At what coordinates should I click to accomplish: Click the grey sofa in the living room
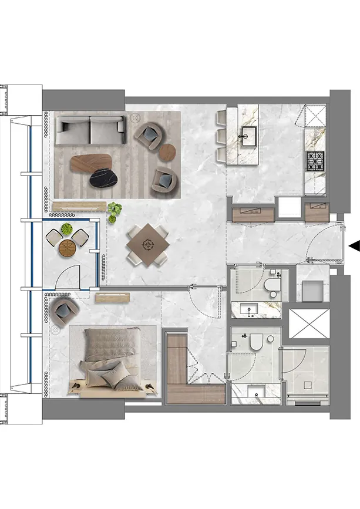click(x=90, y=130)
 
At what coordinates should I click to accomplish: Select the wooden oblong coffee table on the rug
click(x=92, y=162)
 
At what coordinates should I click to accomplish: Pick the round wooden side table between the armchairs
click(x=168, y=151)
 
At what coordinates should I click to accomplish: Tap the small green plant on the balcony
click(x=68, y=229)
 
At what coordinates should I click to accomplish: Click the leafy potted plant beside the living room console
click(x=114, y=208)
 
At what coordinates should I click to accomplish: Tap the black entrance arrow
click(x=354, y=247)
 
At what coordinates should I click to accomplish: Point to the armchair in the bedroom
click(x=63, y=309)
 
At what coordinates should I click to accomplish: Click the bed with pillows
click(x=112, y=360)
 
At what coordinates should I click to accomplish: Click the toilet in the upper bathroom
click(x=272, y=287)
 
